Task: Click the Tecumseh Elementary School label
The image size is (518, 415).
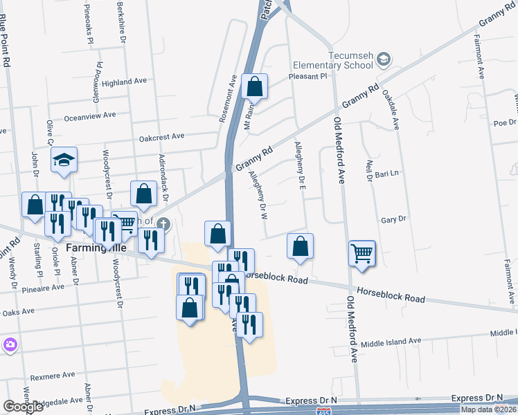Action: pos(334,60)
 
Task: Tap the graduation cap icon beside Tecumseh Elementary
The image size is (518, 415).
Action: pos(382,61)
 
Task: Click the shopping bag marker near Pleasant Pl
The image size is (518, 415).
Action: pos(255,86)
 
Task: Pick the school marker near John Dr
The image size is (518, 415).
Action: pos(64,160)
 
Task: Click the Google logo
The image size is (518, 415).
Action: pos(23,406)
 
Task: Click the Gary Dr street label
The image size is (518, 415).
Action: pos(393,220)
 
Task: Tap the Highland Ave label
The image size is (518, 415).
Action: pos(124,82)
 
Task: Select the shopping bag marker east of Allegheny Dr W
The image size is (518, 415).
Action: pos(300,246)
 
